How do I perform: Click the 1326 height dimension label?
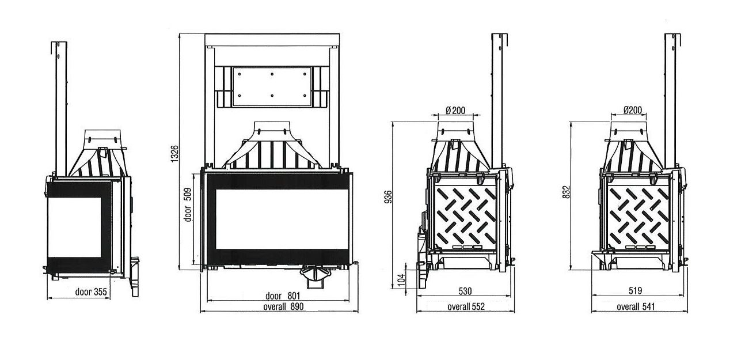click(x=174, y=154)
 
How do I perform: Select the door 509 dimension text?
click(x=188, y=205)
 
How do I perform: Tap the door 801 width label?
click(x=283, y=295)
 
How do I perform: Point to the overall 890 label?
click(x=283, y=306)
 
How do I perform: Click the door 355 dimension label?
click(x=91, y=292)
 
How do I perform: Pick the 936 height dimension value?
click(x=388, y=196)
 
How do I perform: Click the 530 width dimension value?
click(x=465, y=291)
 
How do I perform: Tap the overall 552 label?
click(x=466, y=306)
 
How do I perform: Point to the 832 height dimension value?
click(x=567, y=192)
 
